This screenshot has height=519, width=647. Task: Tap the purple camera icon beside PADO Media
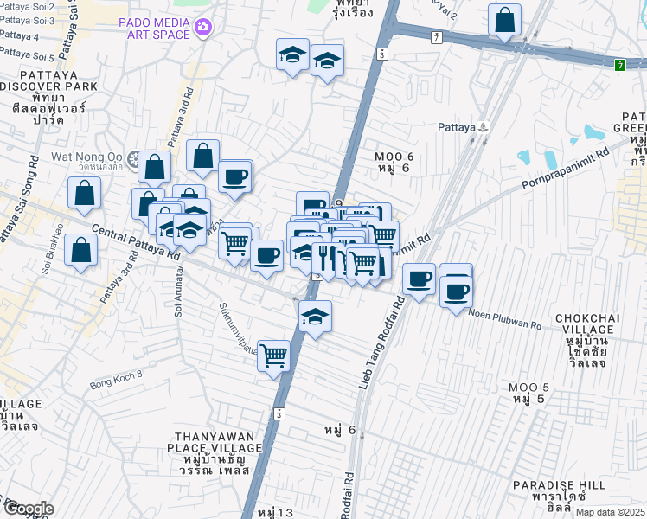[x=202, y=28]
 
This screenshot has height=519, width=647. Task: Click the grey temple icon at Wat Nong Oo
[x=133, y=158]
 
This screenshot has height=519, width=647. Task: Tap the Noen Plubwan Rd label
[x=505, y=319]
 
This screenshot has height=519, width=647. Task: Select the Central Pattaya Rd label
[x=135, y=243]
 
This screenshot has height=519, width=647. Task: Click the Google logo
[x=29, y=509]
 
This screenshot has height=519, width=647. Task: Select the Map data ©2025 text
[x=610, y=512]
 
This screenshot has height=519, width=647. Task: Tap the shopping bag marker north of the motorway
[x=504, y=19]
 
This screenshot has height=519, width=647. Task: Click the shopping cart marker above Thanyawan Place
[x=274, y=354]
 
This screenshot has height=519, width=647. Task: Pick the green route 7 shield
[x=620, y=65]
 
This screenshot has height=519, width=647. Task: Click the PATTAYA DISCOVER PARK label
[x=40, y=81]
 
